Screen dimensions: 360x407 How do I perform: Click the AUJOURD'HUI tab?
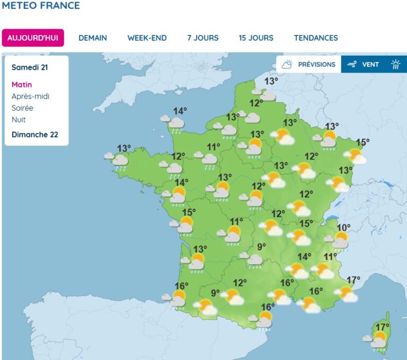pos(33,38)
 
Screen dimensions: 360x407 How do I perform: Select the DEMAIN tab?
pos(93,38)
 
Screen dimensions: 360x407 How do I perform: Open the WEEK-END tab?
pos(147,38)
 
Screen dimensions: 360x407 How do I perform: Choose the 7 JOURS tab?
pos(203,38)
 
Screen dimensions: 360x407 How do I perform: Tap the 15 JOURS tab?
pos(256,38)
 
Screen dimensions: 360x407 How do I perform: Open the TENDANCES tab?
pos(316,38)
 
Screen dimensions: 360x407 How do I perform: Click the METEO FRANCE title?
pos(41,6)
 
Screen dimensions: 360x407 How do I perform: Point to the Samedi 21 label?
pos(33,68)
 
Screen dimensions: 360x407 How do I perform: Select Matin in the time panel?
pos(22,85)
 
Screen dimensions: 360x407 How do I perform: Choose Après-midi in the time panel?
pos(30,96)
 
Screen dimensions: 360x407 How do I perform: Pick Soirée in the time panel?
pos(22,108)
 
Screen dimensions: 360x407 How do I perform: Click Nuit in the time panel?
pos(19,120)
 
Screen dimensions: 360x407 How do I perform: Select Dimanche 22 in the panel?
pos(35,134)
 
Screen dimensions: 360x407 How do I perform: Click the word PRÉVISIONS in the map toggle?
pos(316,65)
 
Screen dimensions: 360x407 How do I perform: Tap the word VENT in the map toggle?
pos(370,65)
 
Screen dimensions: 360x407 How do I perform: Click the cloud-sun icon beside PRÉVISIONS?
pos(287,65)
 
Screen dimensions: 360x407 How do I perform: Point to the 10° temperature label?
pos(343,228)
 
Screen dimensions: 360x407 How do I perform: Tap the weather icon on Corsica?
pos(378,340)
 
